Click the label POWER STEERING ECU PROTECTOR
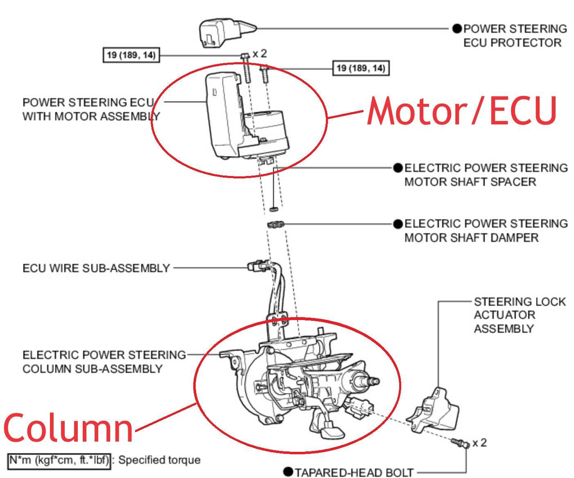click(514, 36)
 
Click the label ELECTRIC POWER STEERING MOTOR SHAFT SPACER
click(486, 175)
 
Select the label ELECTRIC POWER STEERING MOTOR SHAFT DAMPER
click(486, 230)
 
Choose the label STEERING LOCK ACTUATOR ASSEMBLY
click(519, 315)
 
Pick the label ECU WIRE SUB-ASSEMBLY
click(96, 268)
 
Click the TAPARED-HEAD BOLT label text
click(355, 472)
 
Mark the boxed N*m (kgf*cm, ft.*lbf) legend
click(59, 460)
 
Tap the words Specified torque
click(160, 460)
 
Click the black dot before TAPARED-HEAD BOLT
click(288, 472)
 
